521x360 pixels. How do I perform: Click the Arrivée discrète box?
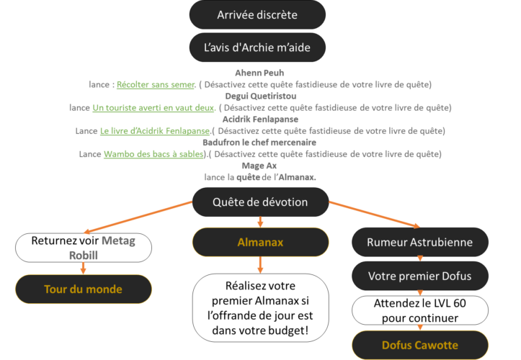pyautogui.click(x=257, y=15)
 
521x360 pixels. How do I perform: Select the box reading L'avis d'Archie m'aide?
pyautogui.click(x=257, y=48)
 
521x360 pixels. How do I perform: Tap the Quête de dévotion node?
pyautogui.click(x=260, y=202)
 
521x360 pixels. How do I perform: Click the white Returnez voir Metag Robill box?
pyautogui.click(x=84, y=247)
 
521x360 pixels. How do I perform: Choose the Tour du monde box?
pyautogui.click(x=84, y=289)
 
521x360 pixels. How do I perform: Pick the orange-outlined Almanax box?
pyautogui.click(x=260, y=243)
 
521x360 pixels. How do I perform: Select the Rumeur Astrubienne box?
pyautogui.click(x=420, y=243)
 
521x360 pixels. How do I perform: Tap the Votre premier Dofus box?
pyautogui.click(x=420, y=276)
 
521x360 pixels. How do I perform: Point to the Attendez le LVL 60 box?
pyautogui.click(x=420, y=310)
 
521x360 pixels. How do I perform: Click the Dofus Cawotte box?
pyautogui.click(x=420, y=345)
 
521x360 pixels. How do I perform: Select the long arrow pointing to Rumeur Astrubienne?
pyautogui.click(x=375, y=214)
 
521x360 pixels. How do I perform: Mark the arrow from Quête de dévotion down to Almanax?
pyautogui.click(x=260, y=221)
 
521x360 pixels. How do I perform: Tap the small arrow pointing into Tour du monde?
pyautogui.click(x=84, y=268)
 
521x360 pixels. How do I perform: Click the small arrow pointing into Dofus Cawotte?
pyautogui.click(x=420, y=328)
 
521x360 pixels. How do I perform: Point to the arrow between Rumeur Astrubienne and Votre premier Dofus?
pyautogui.click(x=420, y=259)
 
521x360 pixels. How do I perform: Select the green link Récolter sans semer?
pyautogui.click(x=155, y=85)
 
